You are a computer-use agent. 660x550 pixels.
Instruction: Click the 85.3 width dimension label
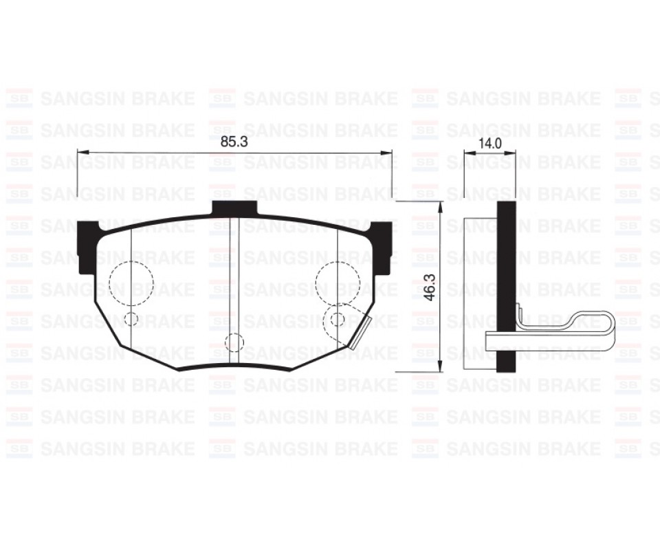(x=234, y=142)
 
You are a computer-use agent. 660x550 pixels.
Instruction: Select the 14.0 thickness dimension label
(x=490, y=144)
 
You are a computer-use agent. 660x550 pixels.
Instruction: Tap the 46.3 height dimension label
(x=430, y=287)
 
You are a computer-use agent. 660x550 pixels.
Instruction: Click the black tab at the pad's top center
(x=234, y=208)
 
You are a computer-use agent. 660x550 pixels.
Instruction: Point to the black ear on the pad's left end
(x=87, y=245)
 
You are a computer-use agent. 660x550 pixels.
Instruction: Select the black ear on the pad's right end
(x=382, y=247)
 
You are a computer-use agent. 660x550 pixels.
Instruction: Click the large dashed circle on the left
(x=131, y=283)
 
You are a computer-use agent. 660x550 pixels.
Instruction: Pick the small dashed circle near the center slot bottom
(x=234, y=342)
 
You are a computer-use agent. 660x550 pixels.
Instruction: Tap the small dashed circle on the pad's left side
(x=131, y=318)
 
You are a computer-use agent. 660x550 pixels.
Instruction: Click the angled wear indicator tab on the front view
(x=361, y=333)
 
